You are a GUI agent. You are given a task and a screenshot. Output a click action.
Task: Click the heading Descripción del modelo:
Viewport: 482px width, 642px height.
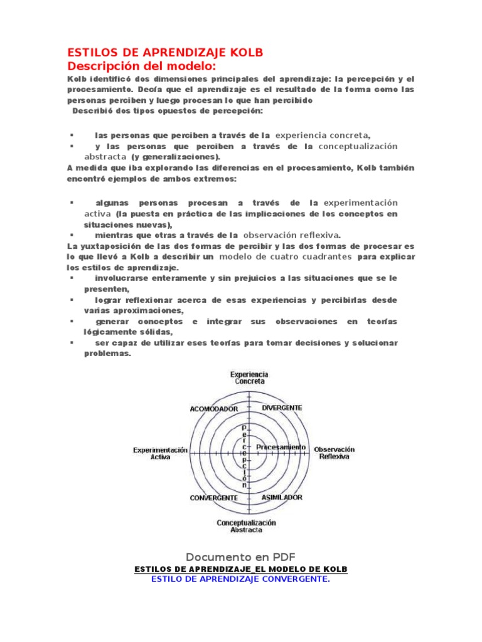tap(141, 66)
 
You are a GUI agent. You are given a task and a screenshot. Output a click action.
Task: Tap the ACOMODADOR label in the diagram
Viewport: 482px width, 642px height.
tap(214, 409)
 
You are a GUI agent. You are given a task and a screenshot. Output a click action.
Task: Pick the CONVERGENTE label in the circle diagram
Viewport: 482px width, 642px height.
tap(213, 498)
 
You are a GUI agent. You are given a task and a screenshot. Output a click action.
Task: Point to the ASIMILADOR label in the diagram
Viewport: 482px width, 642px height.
tap(282, 497)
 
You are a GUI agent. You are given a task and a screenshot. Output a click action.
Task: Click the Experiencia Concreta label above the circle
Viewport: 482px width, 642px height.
tap(250, 377)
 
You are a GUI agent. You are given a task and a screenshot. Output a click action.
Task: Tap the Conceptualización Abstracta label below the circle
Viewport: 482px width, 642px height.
tap(246, 526)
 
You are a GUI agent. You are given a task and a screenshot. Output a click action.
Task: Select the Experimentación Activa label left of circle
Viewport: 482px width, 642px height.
tap(160, 453)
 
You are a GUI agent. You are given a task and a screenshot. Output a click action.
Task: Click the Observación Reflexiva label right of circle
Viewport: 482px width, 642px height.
tap(334, 453)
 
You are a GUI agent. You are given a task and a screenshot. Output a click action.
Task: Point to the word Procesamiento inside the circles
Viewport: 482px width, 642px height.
tap(281, 447)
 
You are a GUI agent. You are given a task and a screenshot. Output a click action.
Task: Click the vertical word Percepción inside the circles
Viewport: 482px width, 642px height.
tap(245, 455)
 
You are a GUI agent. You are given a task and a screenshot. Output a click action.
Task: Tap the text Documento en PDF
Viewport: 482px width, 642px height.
tap(240, 557)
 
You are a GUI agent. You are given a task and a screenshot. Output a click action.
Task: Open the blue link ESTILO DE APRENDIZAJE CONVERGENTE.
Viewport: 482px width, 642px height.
tap(240, 579)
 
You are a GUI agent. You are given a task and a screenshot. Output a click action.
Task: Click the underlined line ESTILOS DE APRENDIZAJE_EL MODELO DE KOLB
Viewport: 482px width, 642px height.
tap(240, 569)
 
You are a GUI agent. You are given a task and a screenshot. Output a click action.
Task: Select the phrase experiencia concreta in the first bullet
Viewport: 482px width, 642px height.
tap(323, 135)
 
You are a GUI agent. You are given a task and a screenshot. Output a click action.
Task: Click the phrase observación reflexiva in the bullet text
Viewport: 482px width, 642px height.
tap(291, 235)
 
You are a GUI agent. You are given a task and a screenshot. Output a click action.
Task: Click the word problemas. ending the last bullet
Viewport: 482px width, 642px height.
tap(107, 354)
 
